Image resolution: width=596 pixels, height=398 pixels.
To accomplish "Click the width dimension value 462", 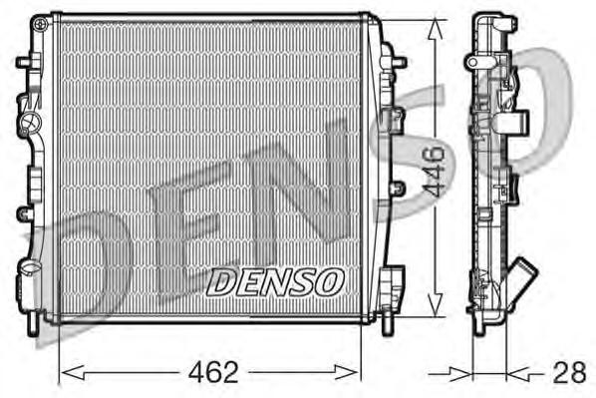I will click(214, 373).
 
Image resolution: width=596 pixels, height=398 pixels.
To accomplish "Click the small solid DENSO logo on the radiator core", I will click(275, 281).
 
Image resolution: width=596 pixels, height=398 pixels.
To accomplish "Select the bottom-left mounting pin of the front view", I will click(38, 321).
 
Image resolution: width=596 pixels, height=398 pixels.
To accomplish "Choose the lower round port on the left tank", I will click(30, 269).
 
